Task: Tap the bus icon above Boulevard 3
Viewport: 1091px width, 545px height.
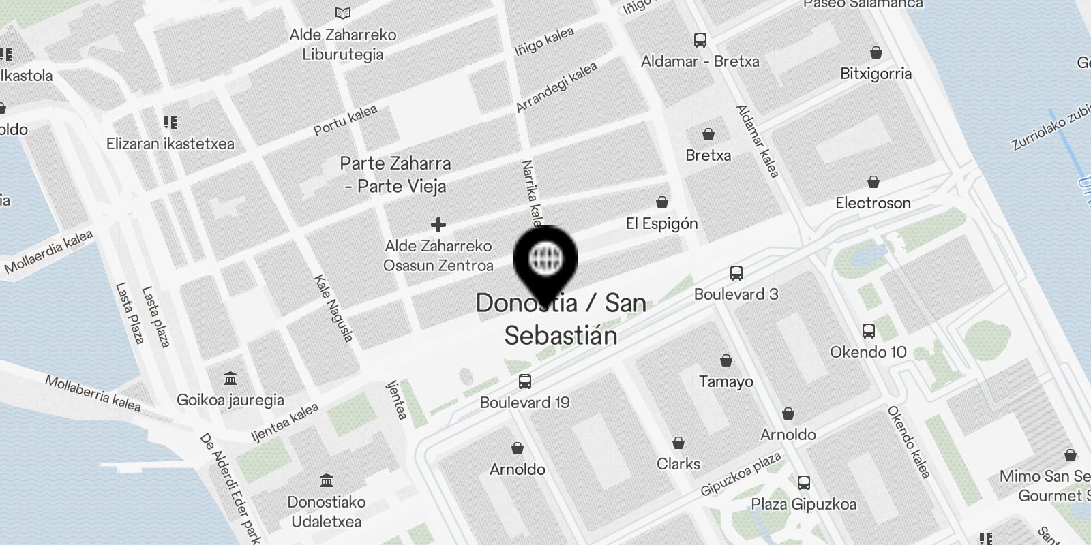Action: [x=736, y=273]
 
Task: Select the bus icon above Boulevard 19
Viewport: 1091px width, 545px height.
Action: [x=524, y=381]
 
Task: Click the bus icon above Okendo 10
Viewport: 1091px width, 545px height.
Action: [x=868, y=331]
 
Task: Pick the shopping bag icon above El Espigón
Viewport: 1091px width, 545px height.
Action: [x=661, y=202]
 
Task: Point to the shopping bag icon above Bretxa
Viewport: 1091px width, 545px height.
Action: [x=708, y=134]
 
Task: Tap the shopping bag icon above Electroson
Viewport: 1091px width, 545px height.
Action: [x=873, y=182]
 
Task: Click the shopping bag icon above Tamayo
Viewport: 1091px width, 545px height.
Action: [x=726, y=360]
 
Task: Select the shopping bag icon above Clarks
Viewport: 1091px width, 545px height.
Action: [x=678, y=443]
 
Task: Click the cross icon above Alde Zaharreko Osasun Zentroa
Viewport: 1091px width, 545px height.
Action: [x=438, y=224]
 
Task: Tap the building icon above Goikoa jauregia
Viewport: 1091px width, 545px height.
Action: [x=230, y=379]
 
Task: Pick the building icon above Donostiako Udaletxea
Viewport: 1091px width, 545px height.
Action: [x=327, y=481]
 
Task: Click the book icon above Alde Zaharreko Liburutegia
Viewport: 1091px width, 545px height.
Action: [x=343, y=13]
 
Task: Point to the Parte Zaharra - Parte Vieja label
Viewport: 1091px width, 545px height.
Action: [x=395, y=174]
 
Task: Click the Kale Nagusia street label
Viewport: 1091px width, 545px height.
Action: [x=333, y=308]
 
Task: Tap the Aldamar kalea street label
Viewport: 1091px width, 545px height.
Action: [x=758, y=141]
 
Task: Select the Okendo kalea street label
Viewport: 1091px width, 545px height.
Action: [x=909, y=441]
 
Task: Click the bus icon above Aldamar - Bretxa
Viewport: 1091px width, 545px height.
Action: [x=700, y=40]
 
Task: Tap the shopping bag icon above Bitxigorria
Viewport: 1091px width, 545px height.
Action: [x=876, y=52]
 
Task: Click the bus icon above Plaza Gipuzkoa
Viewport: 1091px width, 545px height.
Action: [x=804, y=483]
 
